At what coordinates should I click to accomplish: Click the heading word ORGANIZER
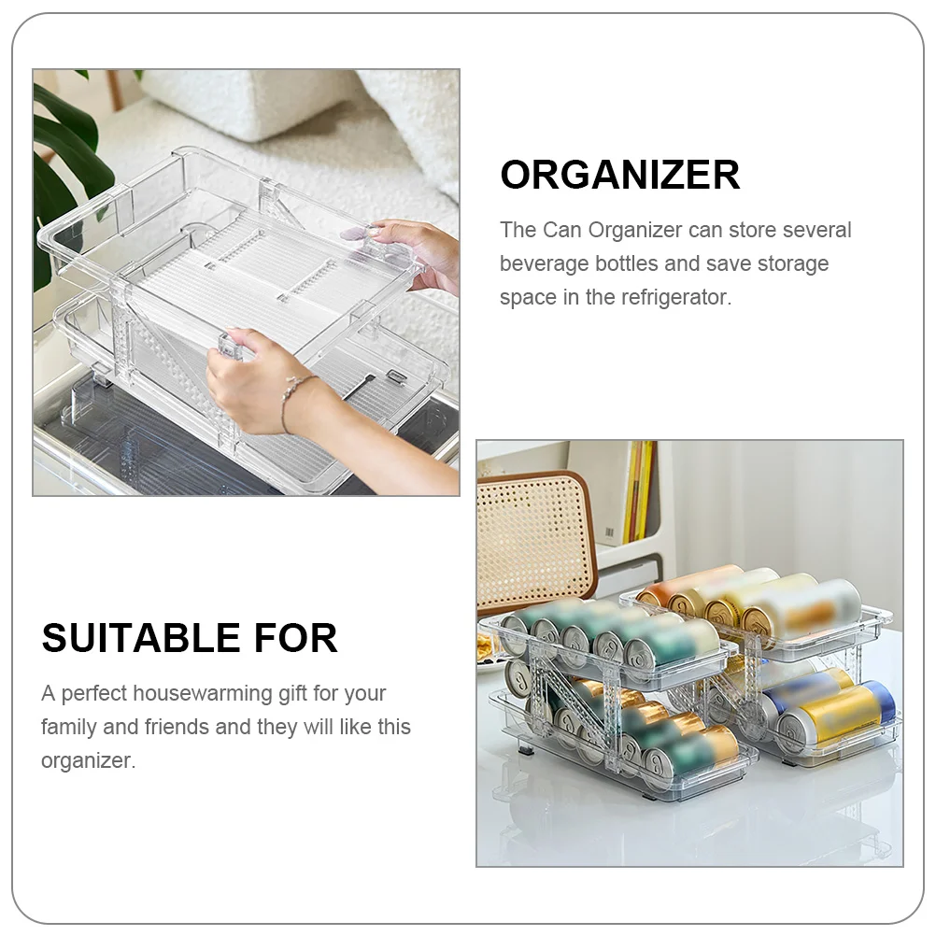[619, 175]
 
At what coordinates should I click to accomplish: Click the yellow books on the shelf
[637, 493]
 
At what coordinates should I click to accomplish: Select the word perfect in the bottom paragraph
[93, 694]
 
